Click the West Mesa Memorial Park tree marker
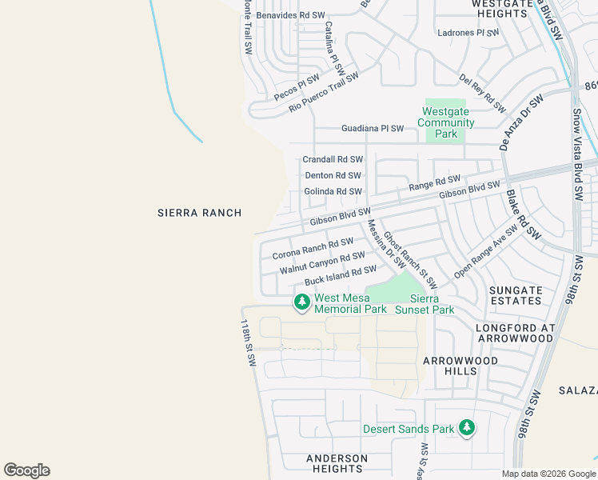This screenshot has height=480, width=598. (301, 302)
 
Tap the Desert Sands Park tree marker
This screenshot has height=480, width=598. (467, 429)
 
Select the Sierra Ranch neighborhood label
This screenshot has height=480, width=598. (199, 212)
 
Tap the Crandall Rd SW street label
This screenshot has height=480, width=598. (333, 160)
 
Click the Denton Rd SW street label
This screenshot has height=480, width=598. (333, 175)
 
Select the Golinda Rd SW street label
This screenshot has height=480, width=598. (333, 191)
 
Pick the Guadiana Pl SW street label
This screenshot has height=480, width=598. (373, 128)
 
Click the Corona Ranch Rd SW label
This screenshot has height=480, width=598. (313, 248)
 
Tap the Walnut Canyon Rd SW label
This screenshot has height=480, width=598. (322, 263)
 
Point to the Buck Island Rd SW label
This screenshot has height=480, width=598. (340, 277)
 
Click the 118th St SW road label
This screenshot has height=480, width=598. (248, 343)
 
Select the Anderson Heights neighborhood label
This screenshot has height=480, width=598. (337, 464)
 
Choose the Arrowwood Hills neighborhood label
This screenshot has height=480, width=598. (460, 366)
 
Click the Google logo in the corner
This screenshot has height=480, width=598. (26, 470)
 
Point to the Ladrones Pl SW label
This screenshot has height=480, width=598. (468, 33)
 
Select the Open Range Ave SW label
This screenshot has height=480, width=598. (485, 257)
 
